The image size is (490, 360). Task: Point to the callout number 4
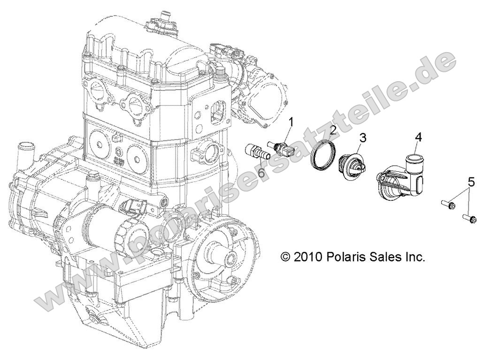pyautogui.click(x=418, y=138)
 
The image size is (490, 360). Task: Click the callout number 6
pyautogui.click(x=261, y=173)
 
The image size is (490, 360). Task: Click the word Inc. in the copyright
pyautogui.click(x=413, y=257)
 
